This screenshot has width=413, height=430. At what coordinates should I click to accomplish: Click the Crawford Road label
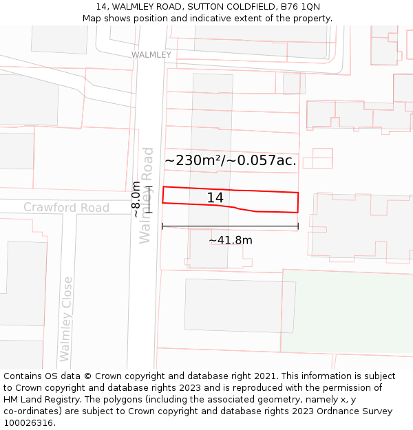click(x=66, y=207)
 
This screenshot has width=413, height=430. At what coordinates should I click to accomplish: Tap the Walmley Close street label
click(x=66, y=319)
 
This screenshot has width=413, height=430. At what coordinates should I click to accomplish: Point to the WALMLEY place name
click(x=151, y=54)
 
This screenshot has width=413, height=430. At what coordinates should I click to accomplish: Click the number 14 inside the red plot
click(x=215, y=198)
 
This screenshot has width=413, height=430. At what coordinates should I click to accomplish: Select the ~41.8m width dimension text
click(x=230, y=240)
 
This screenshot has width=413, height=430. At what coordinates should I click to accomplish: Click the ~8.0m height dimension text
click(x=136, y=199)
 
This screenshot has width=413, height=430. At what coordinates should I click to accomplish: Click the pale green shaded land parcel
click(x=348, y=312)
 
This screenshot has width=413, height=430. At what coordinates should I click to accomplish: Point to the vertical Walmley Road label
click(x=147, y=195)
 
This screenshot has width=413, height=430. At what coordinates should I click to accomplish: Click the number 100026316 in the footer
click(x=28, y=423)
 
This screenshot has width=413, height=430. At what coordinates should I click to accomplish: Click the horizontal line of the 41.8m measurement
click(x=230, y=226)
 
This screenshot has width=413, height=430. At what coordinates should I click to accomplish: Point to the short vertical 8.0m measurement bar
click(x=149, y=199)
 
